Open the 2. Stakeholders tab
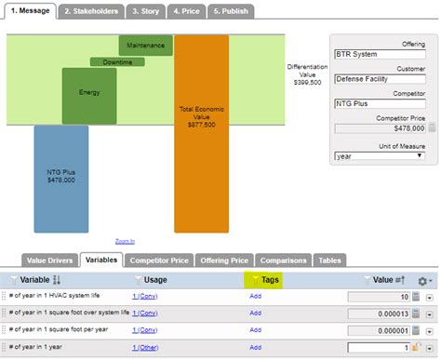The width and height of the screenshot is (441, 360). click(90, 12)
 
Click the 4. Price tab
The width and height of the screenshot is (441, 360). click(186, 12)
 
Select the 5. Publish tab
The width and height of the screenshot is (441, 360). click(229, 12)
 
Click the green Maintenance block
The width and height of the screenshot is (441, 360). click(146, 45)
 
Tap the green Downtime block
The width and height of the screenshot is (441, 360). click(116, 62)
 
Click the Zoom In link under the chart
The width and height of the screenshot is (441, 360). click(125, 240)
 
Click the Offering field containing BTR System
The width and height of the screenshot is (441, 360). click(382, 54)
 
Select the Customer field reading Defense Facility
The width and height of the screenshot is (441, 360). click(382, 78)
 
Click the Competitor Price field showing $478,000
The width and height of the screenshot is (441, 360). click(377, 127)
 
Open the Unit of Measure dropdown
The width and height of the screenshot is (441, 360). click(382, 156)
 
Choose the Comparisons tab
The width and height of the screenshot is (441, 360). click(283, 261)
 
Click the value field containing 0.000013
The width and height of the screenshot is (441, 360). click(378, 313)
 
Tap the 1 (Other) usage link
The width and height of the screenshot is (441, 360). click(145, 347)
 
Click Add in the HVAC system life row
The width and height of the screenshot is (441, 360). click(255, 296)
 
